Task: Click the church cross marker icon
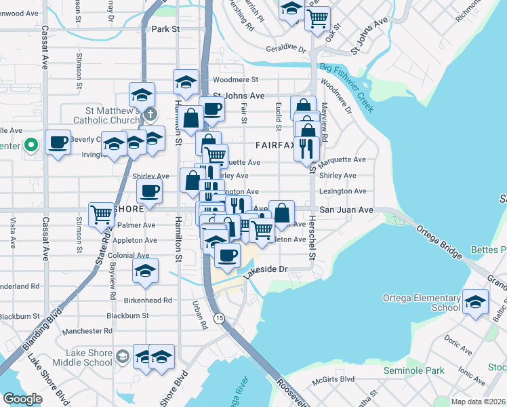click(150, 114)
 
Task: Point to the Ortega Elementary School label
click(422, 303)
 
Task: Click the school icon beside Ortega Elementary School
click(474, 301)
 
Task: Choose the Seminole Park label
click(413, 370)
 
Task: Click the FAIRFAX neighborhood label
click(275, 145)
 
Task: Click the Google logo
click(22, 399)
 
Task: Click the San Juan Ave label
click(346, 210)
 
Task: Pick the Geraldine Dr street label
click(287, 48)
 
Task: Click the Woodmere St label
click(235, 80)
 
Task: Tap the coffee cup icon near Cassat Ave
click(58, 142)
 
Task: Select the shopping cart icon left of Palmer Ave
click(102, 214)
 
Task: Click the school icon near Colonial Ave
click(145, 270)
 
